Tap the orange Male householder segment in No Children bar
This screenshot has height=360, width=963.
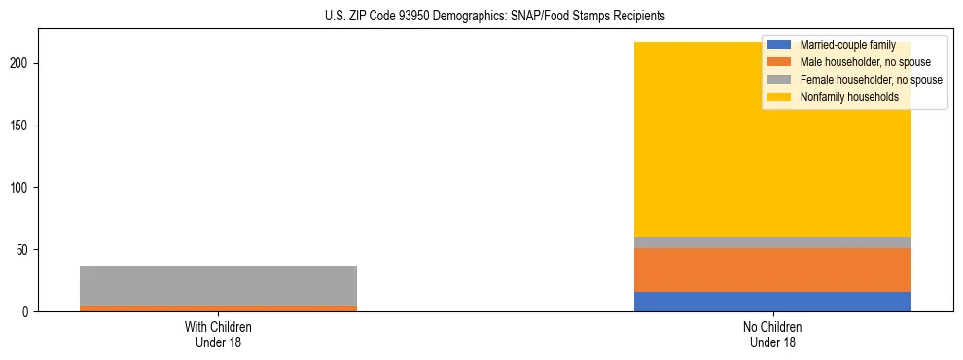pos(772,270)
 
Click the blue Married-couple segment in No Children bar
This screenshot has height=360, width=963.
pos(772,302)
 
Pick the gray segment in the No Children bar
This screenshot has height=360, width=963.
pos(772,242)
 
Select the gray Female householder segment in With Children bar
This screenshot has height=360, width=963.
pos(218,285)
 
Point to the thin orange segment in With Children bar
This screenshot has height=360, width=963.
pos(218,307)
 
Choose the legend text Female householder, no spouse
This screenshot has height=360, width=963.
pos(871,80)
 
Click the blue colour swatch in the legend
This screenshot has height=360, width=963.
pos(779,46)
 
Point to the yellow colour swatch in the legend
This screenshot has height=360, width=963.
pos(779,97)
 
